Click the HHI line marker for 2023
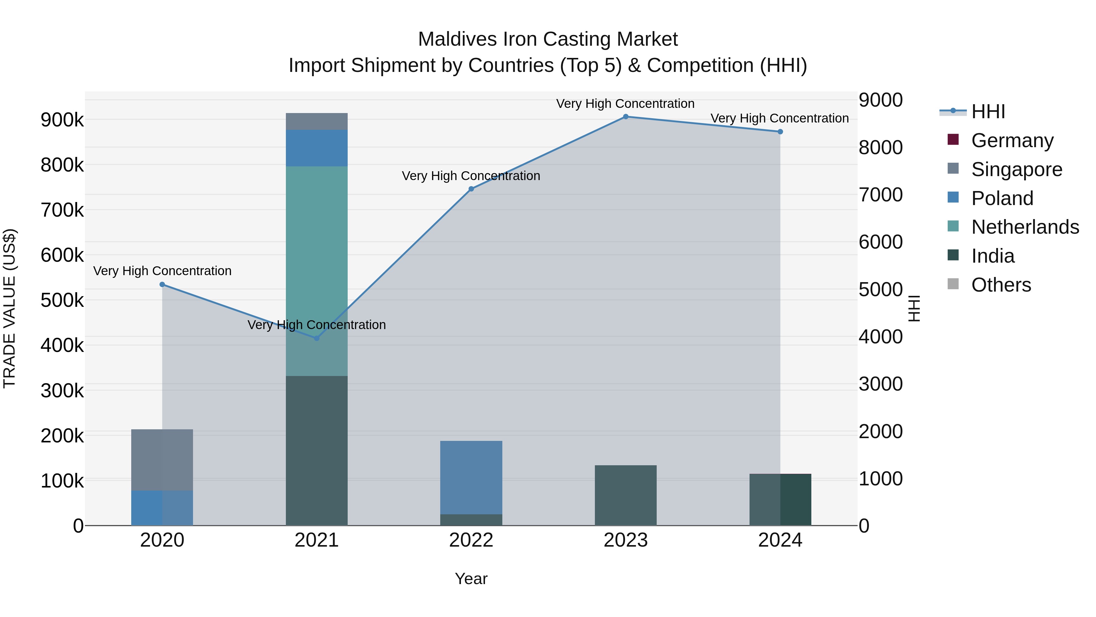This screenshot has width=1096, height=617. pyautogui.click(x=625, y=117)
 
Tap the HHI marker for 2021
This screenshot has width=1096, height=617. pyautogui.click(x=317, y=338)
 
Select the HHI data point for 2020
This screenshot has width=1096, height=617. pyautogui.click(x=162, y=285)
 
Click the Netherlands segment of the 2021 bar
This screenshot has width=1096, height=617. pyautogui.click(x=317, y=256)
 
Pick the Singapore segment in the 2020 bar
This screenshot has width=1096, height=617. pyautogui.click(x=162, y=460)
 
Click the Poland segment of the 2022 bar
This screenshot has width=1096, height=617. pyautogui.click(x=471, y=477)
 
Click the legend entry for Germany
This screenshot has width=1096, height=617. pyautogui.click(x=1012, y=140)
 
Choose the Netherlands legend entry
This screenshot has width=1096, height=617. pyautogui.click(x=1024, y=227)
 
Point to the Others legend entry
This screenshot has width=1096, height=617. pyautogui.click(x=1001, y=285)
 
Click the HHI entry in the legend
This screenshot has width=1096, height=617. pyautogui.click(x=988, y=112)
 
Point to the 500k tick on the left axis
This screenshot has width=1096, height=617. pyautogui.click(x=62, y=300)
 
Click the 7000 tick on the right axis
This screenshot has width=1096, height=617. pyautogui.click(x=880, y=195)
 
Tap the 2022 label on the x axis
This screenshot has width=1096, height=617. pyautogui.click(x=471, y=540)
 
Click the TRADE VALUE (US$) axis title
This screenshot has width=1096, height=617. pyautogui.click(x=9, y=308)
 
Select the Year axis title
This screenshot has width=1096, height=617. pyautogui.click(x=471, y=579)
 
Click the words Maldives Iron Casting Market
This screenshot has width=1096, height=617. pyautogui.click(x=548, y=39)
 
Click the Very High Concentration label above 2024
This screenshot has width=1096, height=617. pyautogui.click(x=779, y=119)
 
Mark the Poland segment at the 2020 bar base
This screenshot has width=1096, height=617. pyautogui.click(x=162, y=508)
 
